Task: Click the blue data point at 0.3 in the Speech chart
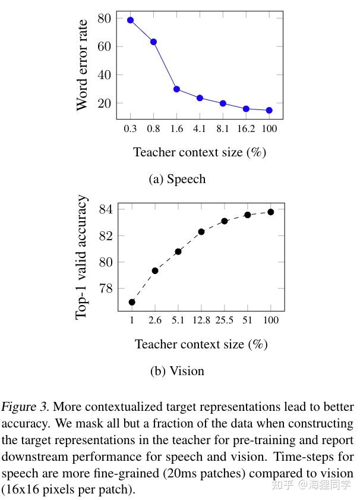130,20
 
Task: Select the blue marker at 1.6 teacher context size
176,89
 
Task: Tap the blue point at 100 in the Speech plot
269,110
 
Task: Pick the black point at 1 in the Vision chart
132,302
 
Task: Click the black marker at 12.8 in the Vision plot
201,231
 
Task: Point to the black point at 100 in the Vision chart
271,212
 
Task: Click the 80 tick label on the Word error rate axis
105,18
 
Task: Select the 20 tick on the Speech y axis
105,103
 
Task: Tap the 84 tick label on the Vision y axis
106,209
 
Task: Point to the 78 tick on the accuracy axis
106,288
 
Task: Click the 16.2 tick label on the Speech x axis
246,128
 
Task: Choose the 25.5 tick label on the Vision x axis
225,320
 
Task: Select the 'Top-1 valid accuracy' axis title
82,257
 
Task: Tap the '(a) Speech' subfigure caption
177,179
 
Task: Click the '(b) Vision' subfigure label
177,371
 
